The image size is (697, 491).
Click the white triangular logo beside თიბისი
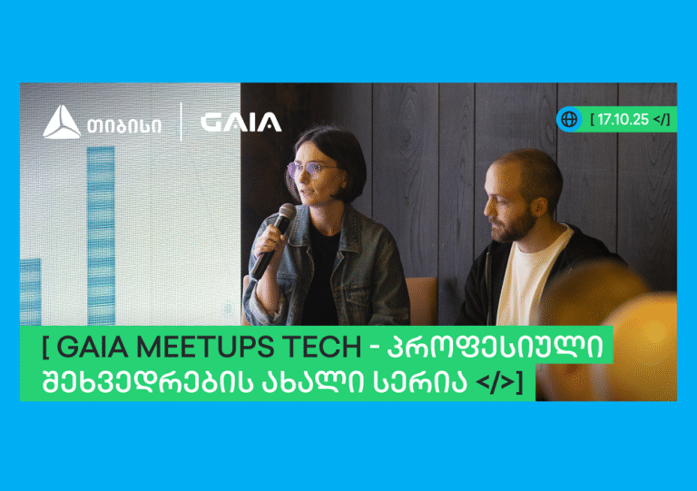tap(62, 122)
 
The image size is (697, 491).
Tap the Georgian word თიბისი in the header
tap(124, 126)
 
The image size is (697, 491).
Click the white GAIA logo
tap(241, 123)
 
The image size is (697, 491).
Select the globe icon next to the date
tap(569, 119)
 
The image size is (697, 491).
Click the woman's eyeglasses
tap(309, 170)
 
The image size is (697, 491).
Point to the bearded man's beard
tap(515, 227)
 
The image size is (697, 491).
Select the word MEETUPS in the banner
tap(205, 347)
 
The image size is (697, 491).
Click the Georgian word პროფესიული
tap(496, 347)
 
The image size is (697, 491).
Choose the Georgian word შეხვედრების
tap(147, 381)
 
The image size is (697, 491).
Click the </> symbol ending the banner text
tap(496, 382)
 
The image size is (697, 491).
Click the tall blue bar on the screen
tap(101, 236)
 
